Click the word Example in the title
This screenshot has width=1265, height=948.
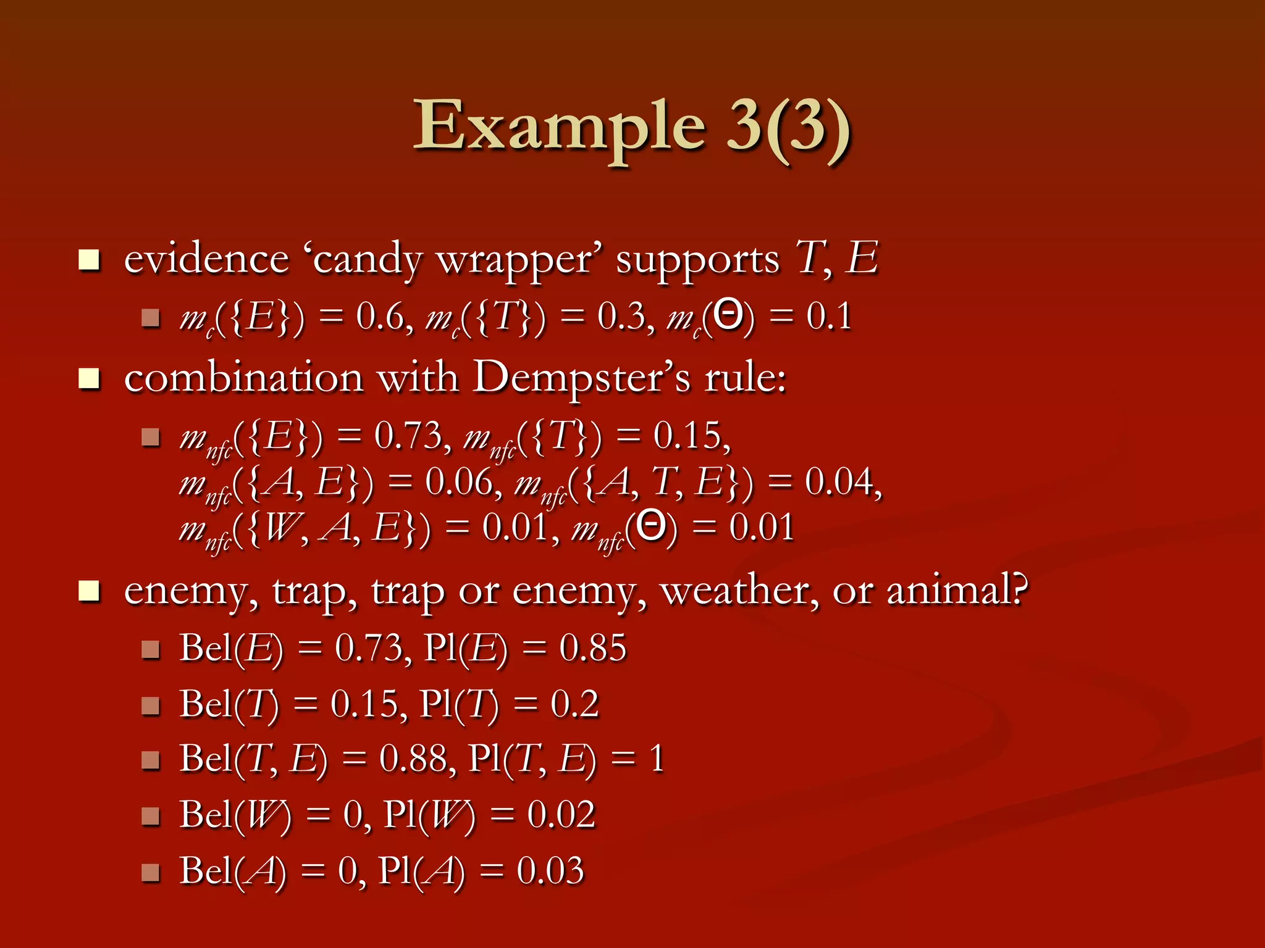pos(559,127)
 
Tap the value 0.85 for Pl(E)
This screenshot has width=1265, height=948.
pos(592,648)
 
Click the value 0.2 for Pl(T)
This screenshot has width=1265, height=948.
pos(574,704)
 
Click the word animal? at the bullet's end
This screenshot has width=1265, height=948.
pos(957,591)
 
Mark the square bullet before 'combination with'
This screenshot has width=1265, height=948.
pos(90,379)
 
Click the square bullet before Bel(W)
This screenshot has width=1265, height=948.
pos(151,816)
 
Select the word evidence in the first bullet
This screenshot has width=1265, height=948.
pos(206,259)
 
